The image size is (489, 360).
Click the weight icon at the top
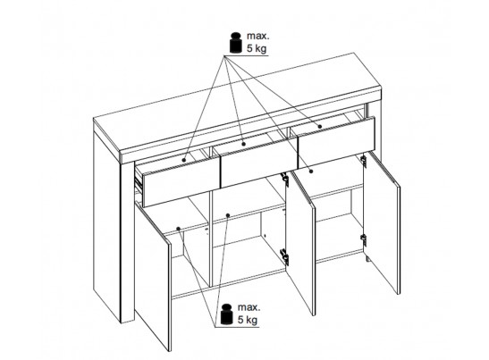tap(236, 42)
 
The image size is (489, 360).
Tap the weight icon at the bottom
tap(227, 314)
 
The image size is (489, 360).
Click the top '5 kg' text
tap(257, 48)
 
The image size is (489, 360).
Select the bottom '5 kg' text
tap(248, 320)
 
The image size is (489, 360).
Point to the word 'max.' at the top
tap(257, 36)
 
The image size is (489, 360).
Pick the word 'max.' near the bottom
tap(249, 307)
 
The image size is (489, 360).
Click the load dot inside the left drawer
tap(184, 160)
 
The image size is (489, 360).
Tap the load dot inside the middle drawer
tap(244, 144)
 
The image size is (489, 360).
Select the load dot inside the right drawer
tap(320, 126)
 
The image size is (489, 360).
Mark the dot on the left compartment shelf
tap(179, 229)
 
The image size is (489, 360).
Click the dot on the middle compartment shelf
tap(228, 215)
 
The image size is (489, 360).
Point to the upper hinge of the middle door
tap(284, 178)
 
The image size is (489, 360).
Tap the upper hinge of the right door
tap(363, 160)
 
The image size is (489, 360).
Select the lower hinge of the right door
tap(363, 239)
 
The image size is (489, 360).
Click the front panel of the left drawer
tap(181, 182)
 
